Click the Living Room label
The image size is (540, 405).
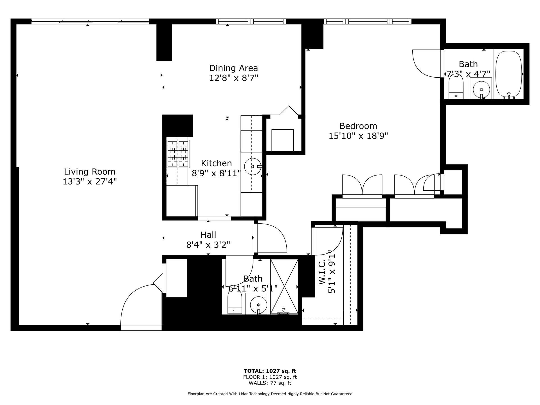pyautogui.click(x=89, y=172)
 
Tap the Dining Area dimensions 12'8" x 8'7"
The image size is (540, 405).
pyautogui.click(x=233, y=78)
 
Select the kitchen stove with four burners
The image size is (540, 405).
pyautogui.click(x=178, y=154)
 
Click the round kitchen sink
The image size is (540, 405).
pyautogui.click(x=252, y=166)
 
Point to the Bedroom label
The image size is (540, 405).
pyautogui.click(x=358, y=126)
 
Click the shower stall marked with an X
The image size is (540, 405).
pyautogui.click(x=284, y=286)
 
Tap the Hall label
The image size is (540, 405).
pyautogui.click(x=208, y=235)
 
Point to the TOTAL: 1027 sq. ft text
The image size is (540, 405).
pyautogui.click(x=270, y=371)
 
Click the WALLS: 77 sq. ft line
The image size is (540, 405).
pyautogui.click(x=270, y=383)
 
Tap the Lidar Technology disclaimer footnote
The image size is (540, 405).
pyautogui.click(x=270, y=394)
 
